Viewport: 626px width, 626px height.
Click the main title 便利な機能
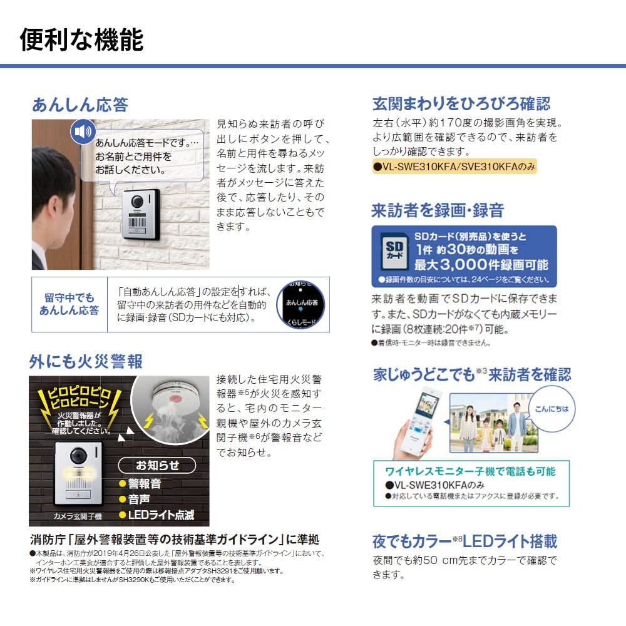coord(81,39)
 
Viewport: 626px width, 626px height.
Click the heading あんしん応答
coord(80,104)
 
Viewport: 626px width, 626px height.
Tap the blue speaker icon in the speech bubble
coord(82,132)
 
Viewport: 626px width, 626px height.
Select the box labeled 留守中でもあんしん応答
coord(69,304)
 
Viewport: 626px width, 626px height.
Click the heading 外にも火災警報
coord(86,361)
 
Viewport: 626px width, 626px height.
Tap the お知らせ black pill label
coord(157,465)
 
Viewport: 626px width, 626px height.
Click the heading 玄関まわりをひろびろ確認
coord(461,104)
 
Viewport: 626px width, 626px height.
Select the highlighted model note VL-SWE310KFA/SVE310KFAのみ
coord(454,167)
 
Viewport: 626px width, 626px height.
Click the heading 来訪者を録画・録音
coord(438,210)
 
